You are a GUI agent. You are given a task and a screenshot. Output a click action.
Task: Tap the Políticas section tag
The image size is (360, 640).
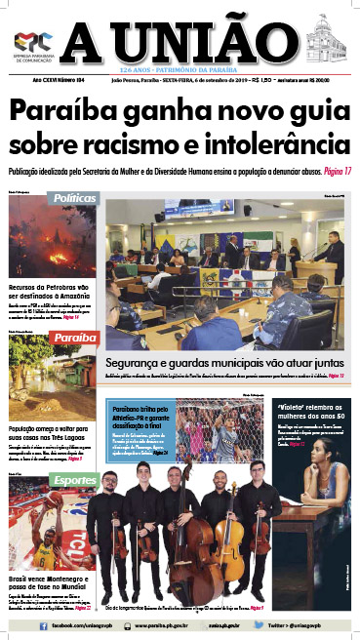tap(77, 197)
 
